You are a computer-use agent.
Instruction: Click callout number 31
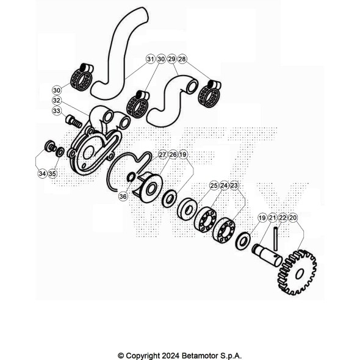150,59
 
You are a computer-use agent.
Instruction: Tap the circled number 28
182,59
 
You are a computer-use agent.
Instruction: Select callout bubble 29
171,59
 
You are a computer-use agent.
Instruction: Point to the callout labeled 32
57,100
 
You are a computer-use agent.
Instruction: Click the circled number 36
123,196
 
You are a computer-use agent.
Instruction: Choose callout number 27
162,155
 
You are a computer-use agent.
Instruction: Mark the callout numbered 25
214,185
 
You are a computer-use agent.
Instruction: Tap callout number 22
283,218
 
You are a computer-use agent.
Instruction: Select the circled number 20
293,218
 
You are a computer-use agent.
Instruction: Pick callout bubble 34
42,173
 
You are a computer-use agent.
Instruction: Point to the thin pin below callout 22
276,239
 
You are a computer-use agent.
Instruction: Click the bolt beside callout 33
74,121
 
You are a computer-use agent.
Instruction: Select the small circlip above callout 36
131,176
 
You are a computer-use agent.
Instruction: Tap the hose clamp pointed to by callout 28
209,94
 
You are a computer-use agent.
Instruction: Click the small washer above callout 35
60,152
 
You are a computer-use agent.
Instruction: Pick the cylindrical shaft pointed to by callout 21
267,254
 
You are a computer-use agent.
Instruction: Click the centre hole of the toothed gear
299,274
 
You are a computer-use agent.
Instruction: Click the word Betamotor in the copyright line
200,356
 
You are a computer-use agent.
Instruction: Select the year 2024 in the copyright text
170,356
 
